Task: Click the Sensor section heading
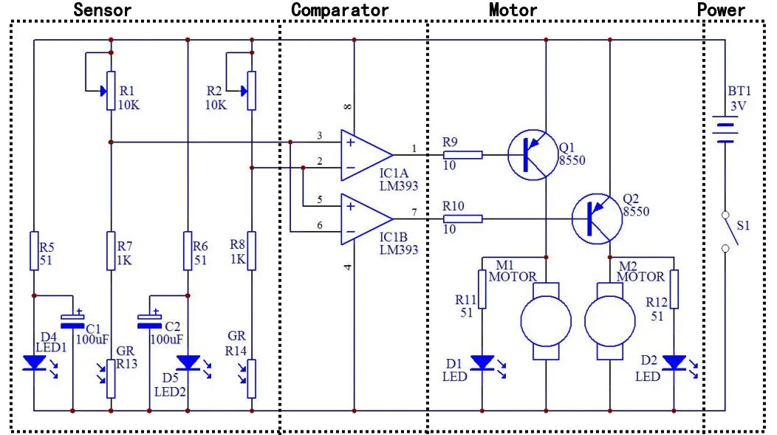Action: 103,10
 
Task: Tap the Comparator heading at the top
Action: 339,10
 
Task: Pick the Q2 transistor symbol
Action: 596,218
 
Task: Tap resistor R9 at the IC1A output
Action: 462,155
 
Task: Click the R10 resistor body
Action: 462,219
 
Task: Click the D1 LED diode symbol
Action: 482,363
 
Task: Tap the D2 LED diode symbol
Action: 674,363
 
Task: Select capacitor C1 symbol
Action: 72,321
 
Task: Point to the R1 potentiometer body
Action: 111,91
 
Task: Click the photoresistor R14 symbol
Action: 252,378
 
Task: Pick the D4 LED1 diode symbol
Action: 34,363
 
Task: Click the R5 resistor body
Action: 34,251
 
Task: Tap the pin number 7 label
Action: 414,212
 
